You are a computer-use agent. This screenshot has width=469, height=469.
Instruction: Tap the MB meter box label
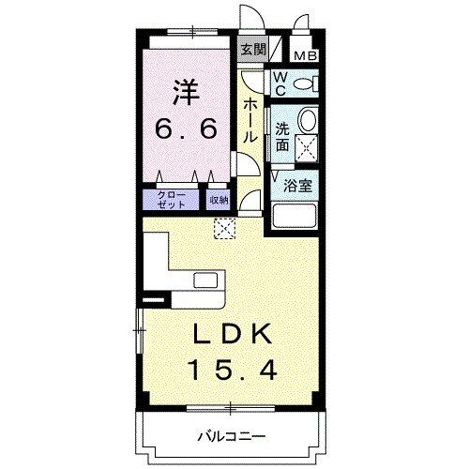tap(306, 55)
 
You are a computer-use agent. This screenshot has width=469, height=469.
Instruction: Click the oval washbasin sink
tap(307, 120)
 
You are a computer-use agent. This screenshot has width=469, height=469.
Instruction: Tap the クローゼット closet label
tap(170, 199)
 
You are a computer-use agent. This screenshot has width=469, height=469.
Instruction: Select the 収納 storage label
tap(218, 199)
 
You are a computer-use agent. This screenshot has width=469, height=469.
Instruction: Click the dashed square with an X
tap(224, 227)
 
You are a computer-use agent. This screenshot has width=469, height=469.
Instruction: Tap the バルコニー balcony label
tap(232, 435)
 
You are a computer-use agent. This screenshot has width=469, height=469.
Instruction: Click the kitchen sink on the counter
tap(206, 280)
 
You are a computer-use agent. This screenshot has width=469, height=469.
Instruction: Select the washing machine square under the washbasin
tap(307, 145)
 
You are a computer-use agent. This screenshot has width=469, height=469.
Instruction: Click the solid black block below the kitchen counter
tap(152, 301)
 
